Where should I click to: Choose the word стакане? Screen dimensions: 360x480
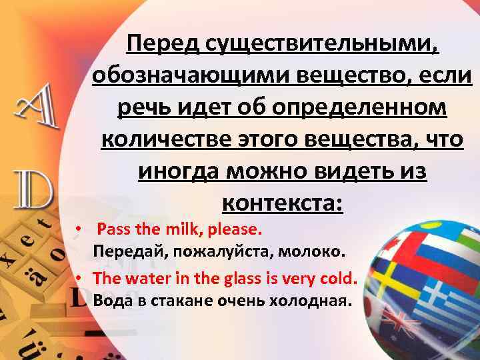coord(184,300)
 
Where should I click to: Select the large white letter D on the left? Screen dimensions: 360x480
coord(30,190)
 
